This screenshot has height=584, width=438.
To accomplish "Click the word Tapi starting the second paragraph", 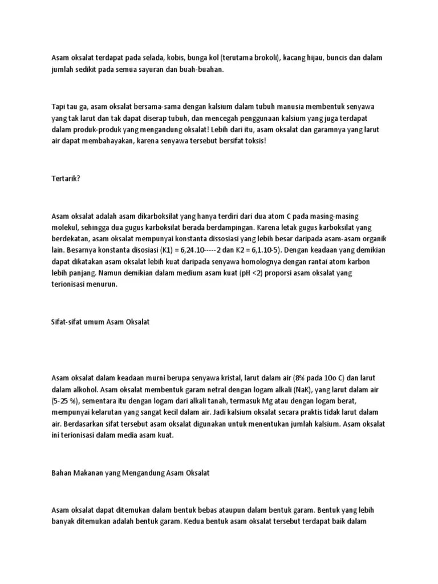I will [x=59, y=107].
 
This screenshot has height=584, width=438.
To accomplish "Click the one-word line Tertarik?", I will [x=66, y=179].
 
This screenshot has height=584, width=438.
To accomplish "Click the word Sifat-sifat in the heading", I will [x=67, y=322].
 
